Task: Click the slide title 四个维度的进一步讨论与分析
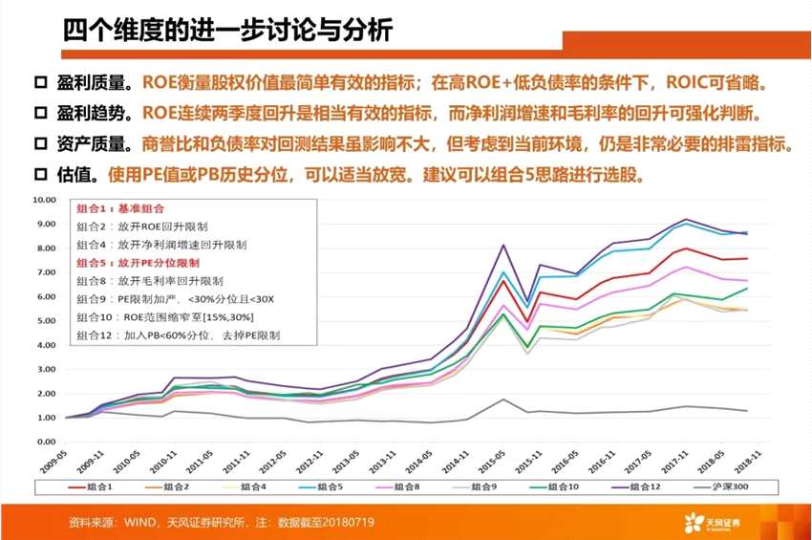227,31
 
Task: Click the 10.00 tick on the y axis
46,200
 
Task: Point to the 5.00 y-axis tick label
46,321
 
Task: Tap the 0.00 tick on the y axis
46,443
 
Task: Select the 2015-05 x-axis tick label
501,461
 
